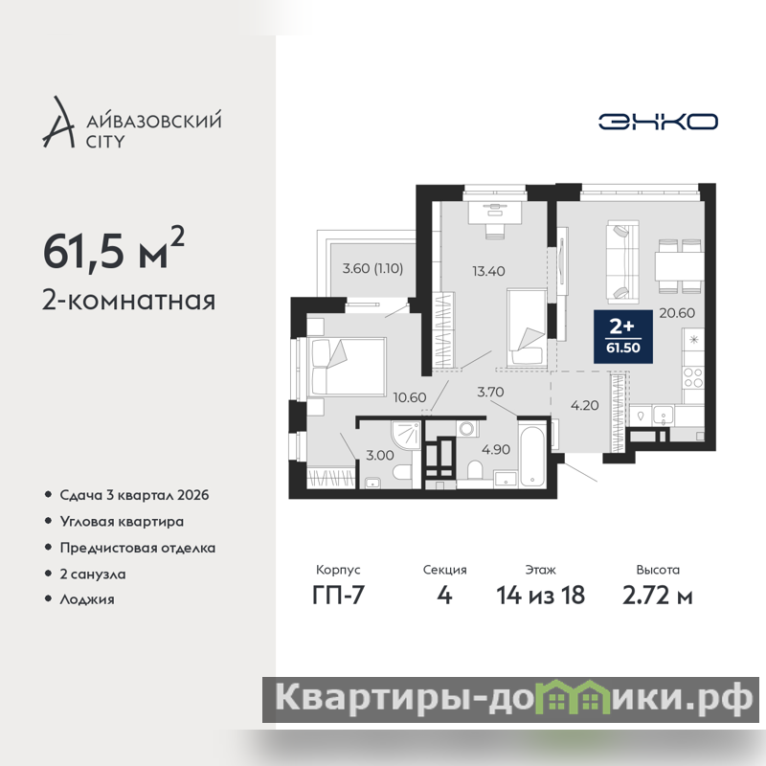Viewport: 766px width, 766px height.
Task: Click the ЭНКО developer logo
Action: (x=658, y=122)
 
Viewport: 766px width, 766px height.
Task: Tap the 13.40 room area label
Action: (x=488, y=271)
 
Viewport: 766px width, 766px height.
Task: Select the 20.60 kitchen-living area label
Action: (x=677, y=313)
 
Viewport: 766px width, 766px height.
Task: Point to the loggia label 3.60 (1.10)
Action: (x=372, y=268)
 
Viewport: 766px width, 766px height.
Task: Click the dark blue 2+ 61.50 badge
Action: (x=623, y=337)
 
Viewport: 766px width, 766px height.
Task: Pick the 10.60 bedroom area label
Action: (x=410, y=397)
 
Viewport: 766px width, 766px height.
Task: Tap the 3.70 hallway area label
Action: (x=490, y=392)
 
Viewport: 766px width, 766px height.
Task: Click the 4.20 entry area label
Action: (x=585, y=405)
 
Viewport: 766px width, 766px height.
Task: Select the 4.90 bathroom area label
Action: (x=496, y=449)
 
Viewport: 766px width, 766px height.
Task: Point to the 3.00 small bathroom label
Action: (x=380, y=456)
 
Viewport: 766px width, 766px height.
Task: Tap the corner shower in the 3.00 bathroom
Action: (x=405, y=436)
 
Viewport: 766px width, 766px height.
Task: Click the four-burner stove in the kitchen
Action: (x=693, y=378)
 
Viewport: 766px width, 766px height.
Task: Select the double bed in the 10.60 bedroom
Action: (x=348, y=366)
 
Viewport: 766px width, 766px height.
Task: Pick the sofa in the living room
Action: (x=623, y=261)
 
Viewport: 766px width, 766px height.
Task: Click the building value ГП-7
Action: (x=339, y=595)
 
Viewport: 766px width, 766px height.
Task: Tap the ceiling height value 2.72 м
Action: (x=658, y=595)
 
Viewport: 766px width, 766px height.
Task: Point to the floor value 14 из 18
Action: (x=541, y=595)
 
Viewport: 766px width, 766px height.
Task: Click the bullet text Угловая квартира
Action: (x=122, y=522)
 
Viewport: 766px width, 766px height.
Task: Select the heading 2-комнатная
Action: (x=129, y=301)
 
